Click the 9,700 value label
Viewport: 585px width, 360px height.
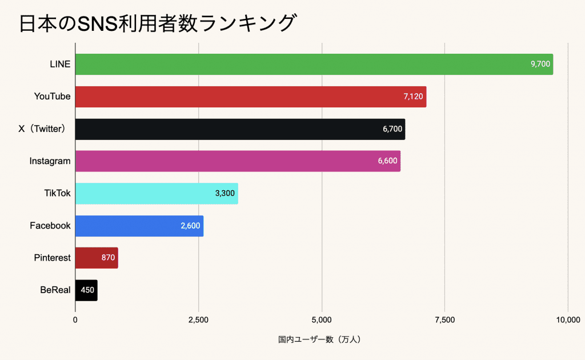(540, 64)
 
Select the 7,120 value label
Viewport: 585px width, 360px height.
(413, 97)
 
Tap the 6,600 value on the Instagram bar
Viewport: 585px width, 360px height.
(387, 161)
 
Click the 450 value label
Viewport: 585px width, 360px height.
(87, 290)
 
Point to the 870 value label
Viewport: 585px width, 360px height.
(108, 258)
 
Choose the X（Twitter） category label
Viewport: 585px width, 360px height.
(45, 129)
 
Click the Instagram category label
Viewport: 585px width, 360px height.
(50, 161)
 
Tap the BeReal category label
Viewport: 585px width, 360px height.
(55, 290)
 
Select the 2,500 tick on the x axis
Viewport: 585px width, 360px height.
(198, 320)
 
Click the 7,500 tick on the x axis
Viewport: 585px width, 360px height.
(444, 320)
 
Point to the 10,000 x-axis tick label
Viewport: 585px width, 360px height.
(567, 320)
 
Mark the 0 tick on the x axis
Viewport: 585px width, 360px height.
(75, 320)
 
